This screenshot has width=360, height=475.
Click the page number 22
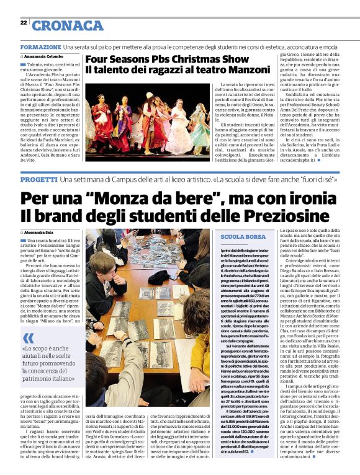click(x=23, y=22)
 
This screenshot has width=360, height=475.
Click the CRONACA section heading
click(x=68, y=25)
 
